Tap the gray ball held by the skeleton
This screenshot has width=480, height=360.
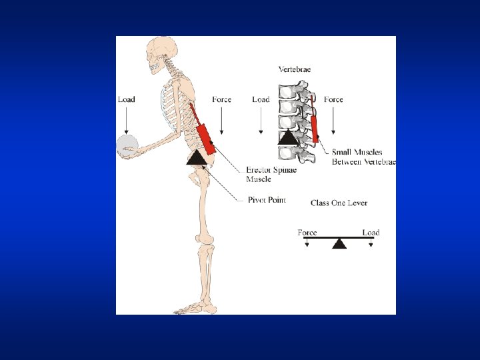pyautogui.click(x=127, y=146)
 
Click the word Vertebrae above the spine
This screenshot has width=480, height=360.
pyautogui.click(x=294, y=69)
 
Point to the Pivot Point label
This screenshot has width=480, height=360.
pyautogui.click(x=267, y=200)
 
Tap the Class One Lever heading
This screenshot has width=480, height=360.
pyautogui.click(x=339, y=203)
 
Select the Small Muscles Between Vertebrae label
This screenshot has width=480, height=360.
pyautogui.click(x=363, y=157)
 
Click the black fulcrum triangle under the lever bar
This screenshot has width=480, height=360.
pyautogui.click(x=339, y=243)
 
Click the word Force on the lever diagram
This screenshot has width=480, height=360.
pyautogui.click(x=307, y=233)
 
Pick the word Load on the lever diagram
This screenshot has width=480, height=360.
pyautogui.click(x=371, y=233)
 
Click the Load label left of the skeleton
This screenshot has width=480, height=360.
pyautogui.click(x=126, y=99)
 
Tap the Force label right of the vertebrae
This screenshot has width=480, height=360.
pyautogui.click(x=333, y=99)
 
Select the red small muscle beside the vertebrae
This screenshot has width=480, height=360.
pyautogui.click(x=315, y=126)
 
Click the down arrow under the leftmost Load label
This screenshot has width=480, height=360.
pyautogui.click(x=126, y=120)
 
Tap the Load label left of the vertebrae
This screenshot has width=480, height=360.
pyautogui.click(x=261, y=99)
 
